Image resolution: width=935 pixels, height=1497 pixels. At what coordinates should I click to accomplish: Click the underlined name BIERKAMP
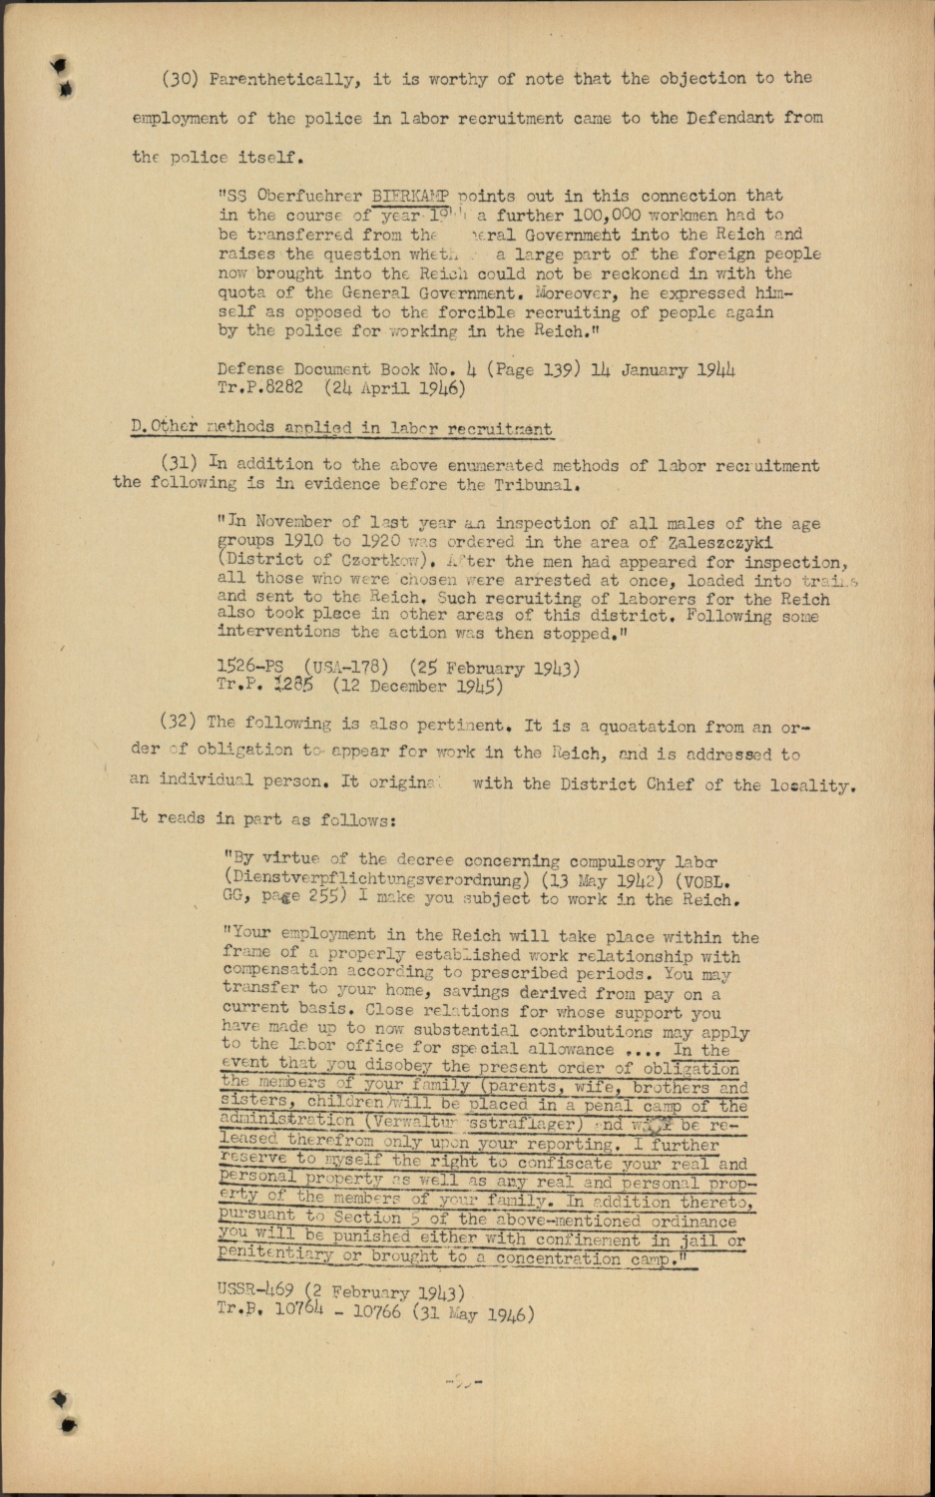coord(410,196)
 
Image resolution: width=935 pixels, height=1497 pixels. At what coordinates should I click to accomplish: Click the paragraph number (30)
coord(180,79)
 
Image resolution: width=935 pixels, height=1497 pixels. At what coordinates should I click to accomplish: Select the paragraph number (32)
coord(180,722)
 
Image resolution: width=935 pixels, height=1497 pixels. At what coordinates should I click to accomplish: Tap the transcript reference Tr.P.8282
coord(259,387)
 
